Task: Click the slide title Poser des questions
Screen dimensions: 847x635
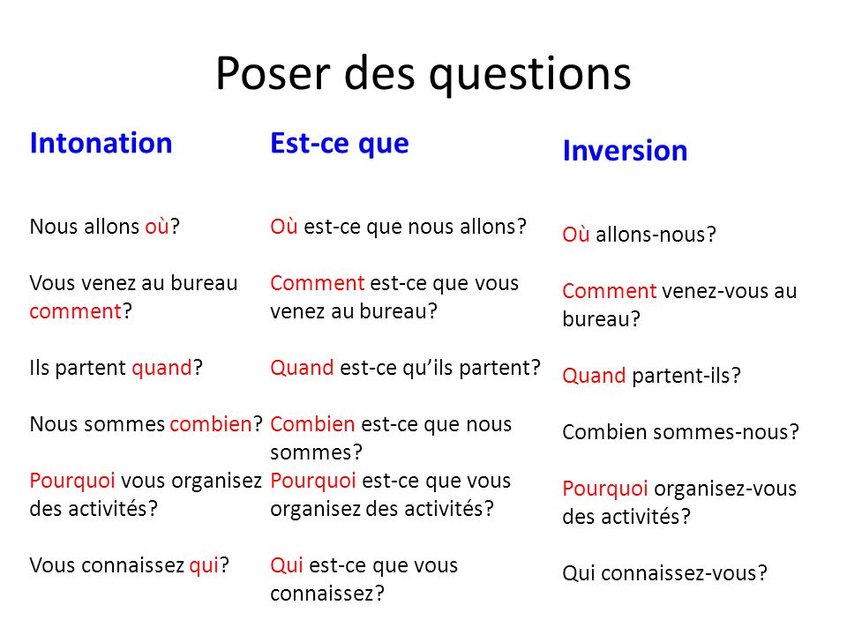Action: [423, 73]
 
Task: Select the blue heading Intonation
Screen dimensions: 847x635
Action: [101, 143]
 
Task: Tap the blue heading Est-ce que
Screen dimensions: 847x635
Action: [339, 144]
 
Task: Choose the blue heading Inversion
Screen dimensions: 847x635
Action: [625, 151]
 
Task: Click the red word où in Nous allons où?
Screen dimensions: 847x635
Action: [157, 227]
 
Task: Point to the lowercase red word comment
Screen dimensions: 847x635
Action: [76, 311]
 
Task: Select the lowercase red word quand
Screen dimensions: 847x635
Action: [161, 369]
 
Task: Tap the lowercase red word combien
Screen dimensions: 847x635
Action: [211, 424]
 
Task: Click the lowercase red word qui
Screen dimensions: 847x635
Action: [204, 566]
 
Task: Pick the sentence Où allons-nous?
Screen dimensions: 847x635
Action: [639, 235]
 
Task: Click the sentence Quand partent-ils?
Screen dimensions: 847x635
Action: [651, 376]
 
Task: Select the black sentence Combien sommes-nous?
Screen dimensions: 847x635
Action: [680, 432]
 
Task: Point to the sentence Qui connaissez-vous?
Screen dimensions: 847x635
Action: [664, 573]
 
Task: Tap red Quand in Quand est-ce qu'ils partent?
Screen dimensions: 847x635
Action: [302, 369]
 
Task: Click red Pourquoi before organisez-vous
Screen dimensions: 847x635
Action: [605, 489]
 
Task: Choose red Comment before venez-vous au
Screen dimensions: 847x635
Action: [610, 291]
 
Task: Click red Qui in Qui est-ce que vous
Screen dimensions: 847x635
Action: [287, 566]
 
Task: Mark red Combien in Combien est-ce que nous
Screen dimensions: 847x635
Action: [312, 424]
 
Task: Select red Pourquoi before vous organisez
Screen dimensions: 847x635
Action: [72, 482]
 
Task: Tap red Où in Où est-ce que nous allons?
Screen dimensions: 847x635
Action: [284, 227]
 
